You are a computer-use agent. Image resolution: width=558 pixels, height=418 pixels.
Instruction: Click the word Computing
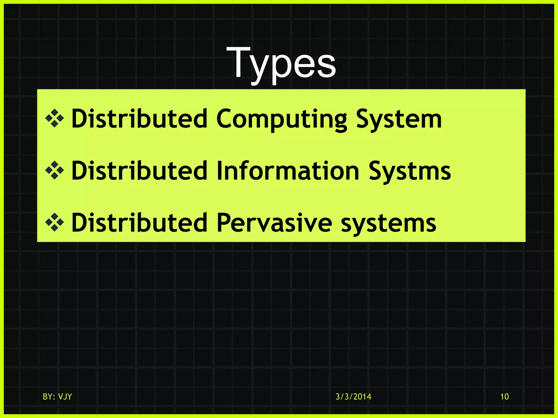pos(281,119)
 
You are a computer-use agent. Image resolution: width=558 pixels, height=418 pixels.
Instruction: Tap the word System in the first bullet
pos(399,119)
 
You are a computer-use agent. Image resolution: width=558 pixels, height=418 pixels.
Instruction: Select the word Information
pos(288,171)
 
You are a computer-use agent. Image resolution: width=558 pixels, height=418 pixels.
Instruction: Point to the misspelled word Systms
pos(410,171)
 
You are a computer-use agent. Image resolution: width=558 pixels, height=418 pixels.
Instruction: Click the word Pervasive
pos(274,223)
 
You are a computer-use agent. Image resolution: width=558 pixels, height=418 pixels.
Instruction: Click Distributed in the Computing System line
pos(139,119)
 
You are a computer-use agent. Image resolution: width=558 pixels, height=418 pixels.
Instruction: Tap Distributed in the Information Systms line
pos(139,171)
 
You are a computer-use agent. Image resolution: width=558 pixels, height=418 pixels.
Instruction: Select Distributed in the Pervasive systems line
pos(139,223)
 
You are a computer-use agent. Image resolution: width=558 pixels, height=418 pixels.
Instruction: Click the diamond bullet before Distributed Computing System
pos(54,119)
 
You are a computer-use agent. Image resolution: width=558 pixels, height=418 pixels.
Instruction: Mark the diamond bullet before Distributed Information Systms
pos(54,171)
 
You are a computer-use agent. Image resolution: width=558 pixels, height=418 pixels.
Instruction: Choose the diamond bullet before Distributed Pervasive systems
pos(54,223)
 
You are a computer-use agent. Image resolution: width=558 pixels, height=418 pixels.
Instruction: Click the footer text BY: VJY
pos(57,397)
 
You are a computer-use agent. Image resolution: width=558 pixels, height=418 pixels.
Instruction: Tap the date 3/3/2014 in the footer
pos(353,397)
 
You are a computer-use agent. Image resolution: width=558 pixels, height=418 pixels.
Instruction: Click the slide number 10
pos(504,397)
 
